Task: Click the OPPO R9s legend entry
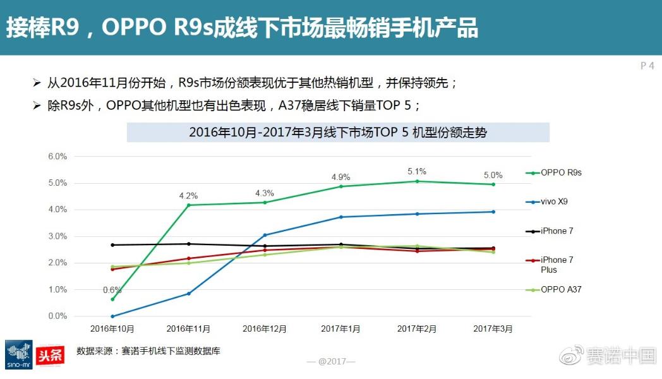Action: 553,172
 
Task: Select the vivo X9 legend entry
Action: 550,202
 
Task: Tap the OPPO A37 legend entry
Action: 553,289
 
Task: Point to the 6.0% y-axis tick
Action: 57,156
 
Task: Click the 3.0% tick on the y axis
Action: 57,236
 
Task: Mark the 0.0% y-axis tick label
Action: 57,316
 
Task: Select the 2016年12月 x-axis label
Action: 265,329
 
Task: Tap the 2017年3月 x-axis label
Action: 493,329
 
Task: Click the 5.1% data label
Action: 417,171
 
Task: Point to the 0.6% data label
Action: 113,290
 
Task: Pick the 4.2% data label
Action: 188,196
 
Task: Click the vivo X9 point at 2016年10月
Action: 112,316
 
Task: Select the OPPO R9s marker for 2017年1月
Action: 341,186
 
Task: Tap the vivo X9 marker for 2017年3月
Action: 493,212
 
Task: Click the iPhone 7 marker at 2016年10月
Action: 112,245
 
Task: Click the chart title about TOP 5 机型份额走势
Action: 338,133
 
